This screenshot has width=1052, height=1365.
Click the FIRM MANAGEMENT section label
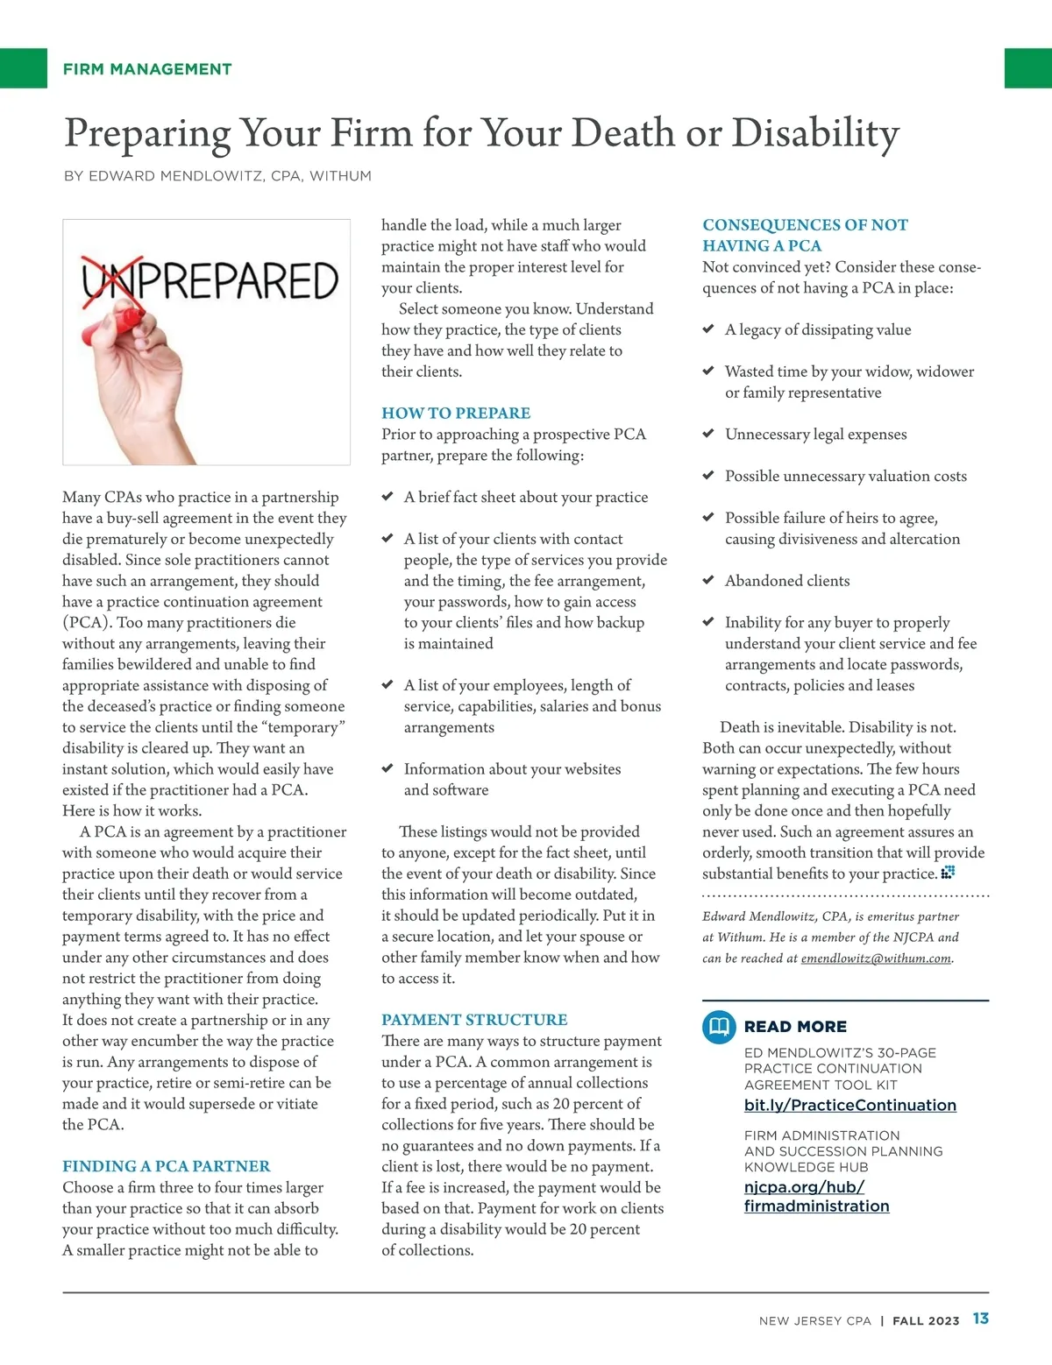147,69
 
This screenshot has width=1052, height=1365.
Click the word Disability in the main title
815,133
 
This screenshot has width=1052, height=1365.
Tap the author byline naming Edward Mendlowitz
217,176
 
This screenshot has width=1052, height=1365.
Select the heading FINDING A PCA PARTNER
166,1166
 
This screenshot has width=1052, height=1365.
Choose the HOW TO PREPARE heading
456,413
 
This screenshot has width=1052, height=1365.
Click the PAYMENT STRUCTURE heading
474,1020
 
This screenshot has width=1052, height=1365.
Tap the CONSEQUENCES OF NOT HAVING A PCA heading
805,235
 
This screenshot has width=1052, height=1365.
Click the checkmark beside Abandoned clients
708,580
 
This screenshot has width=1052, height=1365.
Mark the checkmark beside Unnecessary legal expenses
708,434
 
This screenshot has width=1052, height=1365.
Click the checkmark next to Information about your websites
387,768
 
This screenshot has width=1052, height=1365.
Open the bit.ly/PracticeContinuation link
849,1105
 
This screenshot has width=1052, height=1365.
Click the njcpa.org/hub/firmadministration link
815,1197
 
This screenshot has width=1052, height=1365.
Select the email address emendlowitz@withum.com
876,958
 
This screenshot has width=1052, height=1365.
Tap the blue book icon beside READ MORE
719,1026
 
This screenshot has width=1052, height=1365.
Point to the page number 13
980,1319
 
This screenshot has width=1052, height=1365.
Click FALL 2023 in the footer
925,1320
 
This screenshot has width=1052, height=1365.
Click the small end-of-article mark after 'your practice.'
948,873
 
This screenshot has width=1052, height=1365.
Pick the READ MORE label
795,1026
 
